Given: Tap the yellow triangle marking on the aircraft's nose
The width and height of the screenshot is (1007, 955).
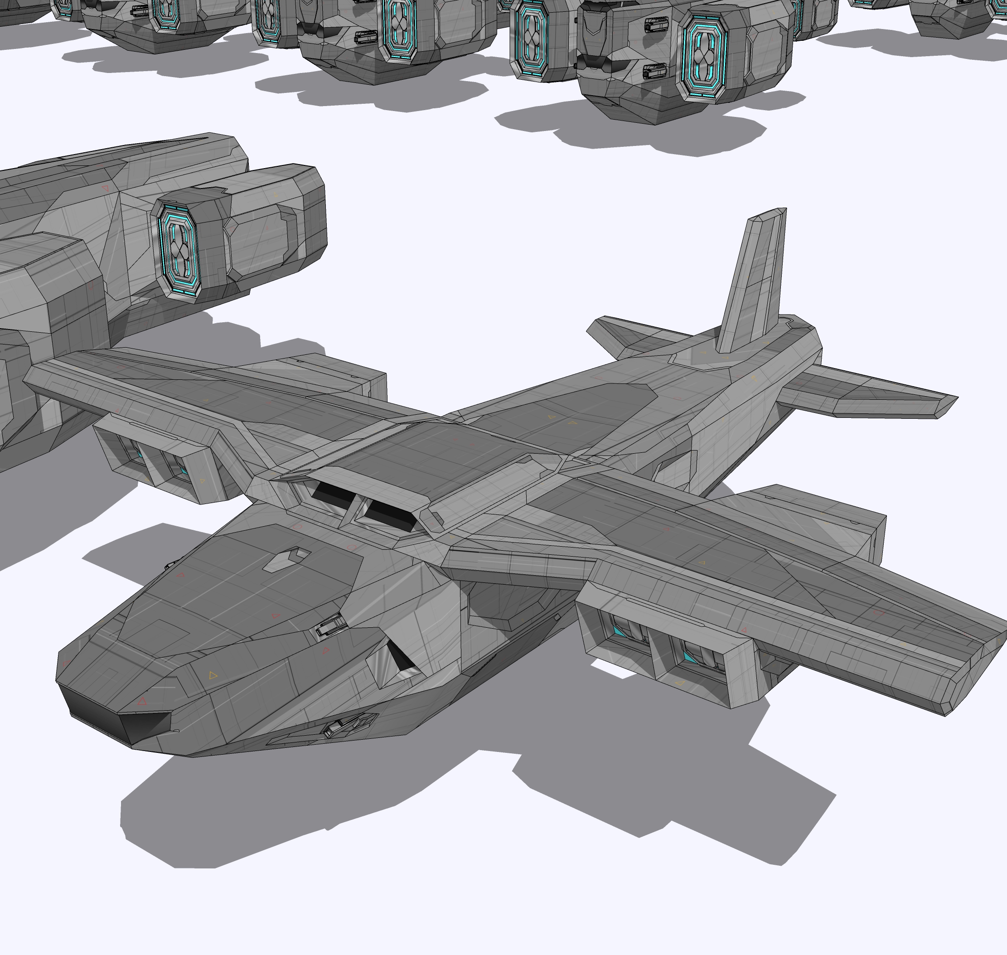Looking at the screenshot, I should (213, 675).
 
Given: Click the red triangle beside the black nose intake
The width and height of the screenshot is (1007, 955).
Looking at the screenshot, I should (142, 702).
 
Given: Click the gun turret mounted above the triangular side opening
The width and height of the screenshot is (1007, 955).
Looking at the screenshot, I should (331, 624).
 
